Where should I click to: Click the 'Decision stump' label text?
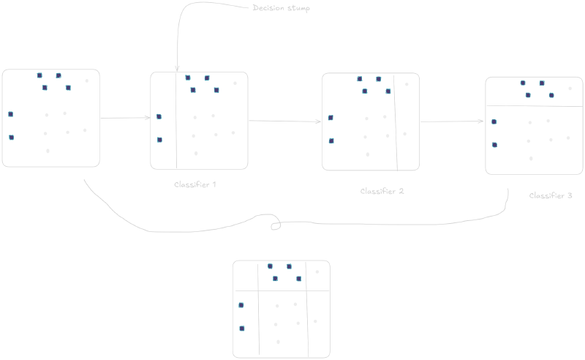pyautogui.click(x=281, y=8)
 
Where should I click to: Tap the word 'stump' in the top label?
pyautogui.click(x=298, y=8)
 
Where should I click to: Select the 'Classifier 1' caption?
pyautogui.click(x=195, y=184)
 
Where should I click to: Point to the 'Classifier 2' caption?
pyautogui.click(x=382, y=191)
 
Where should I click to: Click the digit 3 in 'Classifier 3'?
pyautogui.click(x=570, y=195)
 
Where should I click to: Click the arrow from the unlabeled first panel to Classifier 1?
pyautogui.click(x=125, y=118)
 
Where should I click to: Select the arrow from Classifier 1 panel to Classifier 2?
pyautogui.click(x=285, y=121)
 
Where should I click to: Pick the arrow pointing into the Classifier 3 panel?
pyautogui.click(x=452, y=121)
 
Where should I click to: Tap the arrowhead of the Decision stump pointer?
pyautogui.click(x=177, y=69)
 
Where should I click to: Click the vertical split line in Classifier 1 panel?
pyautogui.click(x=176, y=121)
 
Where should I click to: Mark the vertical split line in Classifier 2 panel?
pyautogui.click(x=396, y=122)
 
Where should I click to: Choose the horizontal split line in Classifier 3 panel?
pyautogui.click(x=535, y=106)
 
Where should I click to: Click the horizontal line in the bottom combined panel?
pyautogui.click(x=282, y=290)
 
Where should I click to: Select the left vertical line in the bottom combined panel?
pyautogui.click(x=259, y=310)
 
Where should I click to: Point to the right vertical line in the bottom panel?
pyautogui.click(x=307, y=310)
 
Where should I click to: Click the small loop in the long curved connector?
pyautogui.click(x=276, y=222)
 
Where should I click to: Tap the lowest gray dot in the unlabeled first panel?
pyautogui.click(x=48, y=151)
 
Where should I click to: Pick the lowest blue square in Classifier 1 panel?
pyautogui.click(x=159, y=140)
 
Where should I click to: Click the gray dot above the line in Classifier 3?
pyautogui.click(x=570, y=89)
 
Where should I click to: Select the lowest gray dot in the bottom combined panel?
pyautogui.click(x=279, y=342)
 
